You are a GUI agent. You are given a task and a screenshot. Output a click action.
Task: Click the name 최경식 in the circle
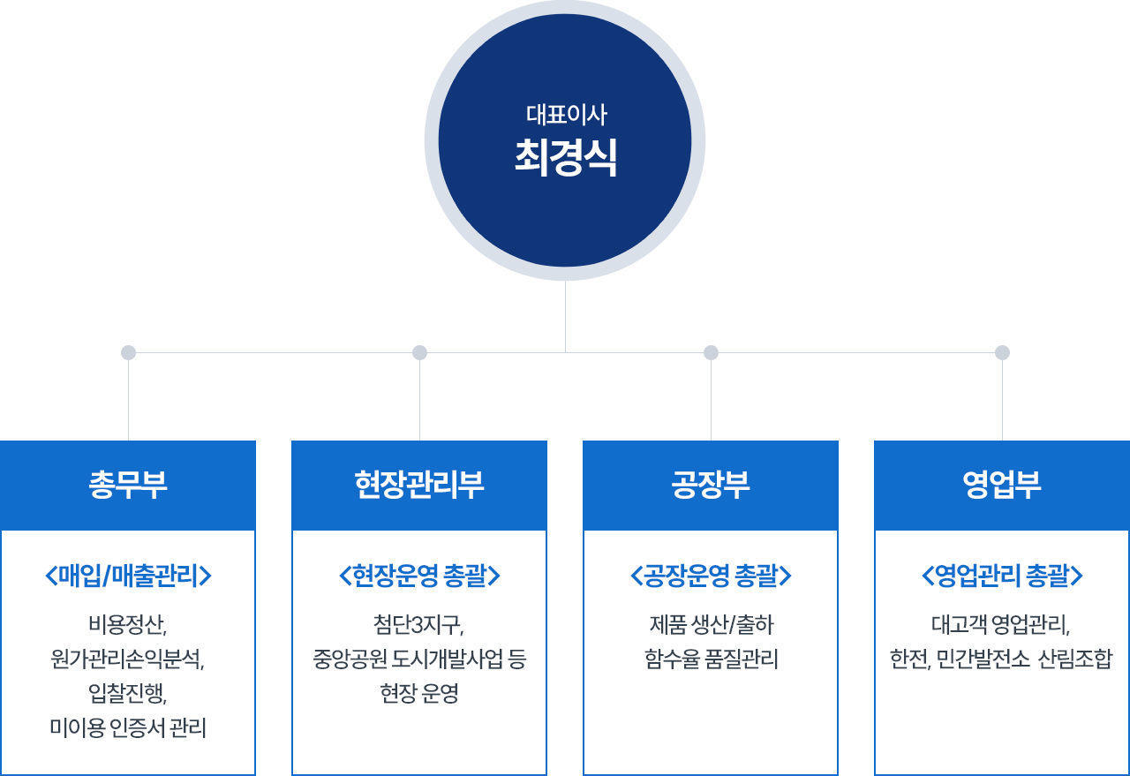pyautogui.click(x=565, y=157)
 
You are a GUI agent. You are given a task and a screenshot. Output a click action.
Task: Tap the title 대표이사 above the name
pyautogui.click(x=566, y=115)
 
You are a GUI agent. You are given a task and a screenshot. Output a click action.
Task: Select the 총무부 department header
pyautogui.click(x=128, y=485)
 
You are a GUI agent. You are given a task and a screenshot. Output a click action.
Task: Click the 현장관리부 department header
pyautogui.click(x=419, y=485)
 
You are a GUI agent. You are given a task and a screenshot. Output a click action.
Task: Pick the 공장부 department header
pyautogui.click(x=711, y=485)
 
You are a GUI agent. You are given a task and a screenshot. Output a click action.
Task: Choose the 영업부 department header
pyautogui.click(x=1002, y=485)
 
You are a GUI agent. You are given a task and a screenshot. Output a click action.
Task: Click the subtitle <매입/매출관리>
pyautogui.click(x=128, y=576)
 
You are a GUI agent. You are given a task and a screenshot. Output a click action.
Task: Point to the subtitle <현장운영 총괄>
pyautogui.click(x=419, y=576)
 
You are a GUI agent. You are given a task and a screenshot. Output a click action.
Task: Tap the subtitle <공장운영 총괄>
pyautogui.click(x=711, y=576)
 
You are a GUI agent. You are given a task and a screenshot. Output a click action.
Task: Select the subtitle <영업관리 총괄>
pyautogui.click(x=1002, y=576)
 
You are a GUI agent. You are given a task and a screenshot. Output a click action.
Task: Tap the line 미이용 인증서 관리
pyautogui.click(x=128, y=727)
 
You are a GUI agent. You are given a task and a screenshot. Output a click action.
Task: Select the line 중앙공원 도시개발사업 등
pyautogui.click(x=419, y=659)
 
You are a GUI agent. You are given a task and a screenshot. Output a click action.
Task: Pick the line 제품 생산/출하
pyautogui.click(x=712, y=625)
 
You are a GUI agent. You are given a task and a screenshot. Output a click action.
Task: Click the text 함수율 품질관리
pyautogui.click(x=712, y=659)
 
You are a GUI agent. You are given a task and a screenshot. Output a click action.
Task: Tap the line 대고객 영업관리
pyautogui.click(x=1001, y=625)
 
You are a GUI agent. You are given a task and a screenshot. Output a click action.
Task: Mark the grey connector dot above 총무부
pyautogui.click(x=128, y=352)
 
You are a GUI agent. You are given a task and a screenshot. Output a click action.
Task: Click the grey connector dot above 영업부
pyautogui.click(x=1002, y=352)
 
